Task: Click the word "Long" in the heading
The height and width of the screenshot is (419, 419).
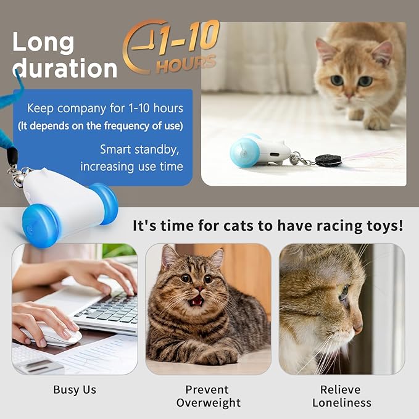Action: [43, 43]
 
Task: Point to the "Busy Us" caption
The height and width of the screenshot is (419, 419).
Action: [74, 389]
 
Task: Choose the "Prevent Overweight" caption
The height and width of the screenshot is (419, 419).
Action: [208, 396]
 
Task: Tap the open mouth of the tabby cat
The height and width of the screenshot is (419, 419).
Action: [196, 301]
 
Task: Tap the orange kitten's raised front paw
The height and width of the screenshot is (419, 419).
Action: [377, 121]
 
